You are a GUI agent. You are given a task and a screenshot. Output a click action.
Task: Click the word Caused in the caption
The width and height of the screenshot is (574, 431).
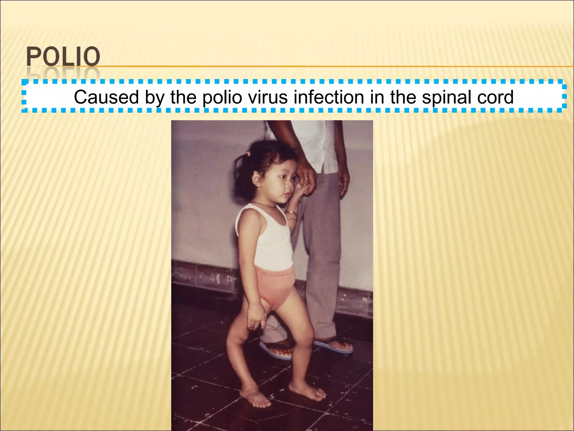pos(106,97)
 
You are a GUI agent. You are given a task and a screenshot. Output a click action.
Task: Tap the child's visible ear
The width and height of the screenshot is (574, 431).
pos(256,178)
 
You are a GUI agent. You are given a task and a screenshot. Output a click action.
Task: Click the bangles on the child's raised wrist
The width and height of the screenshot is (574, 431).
pos(291,215)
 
